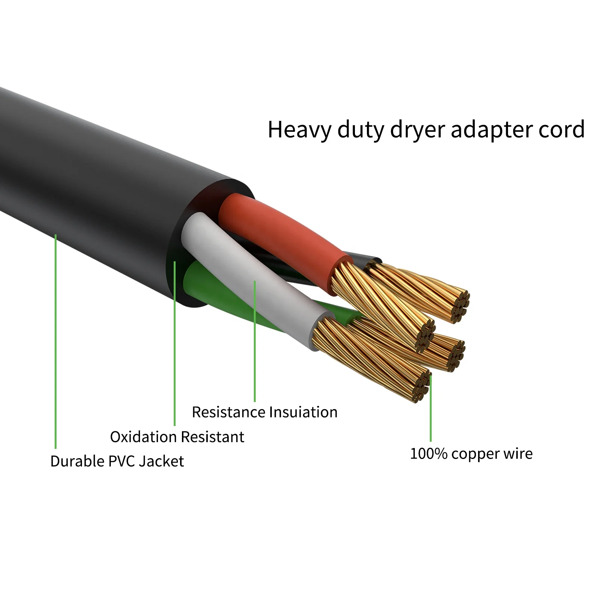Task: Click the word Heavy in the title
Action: tap(299, 130)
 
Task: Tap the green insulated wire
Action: tap(202, 285)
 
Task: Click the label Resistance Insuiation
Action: tap(265, 412)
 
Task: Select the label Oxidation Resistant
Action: tap(177, 437)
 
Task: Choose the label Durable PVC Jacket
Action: tap(117, 461)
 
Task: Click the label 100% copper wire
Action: tap(471, 454)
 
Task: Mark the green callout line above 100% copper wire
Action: tap(431, 408)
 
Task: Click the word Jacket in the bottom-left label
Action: tap(161, 461)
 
